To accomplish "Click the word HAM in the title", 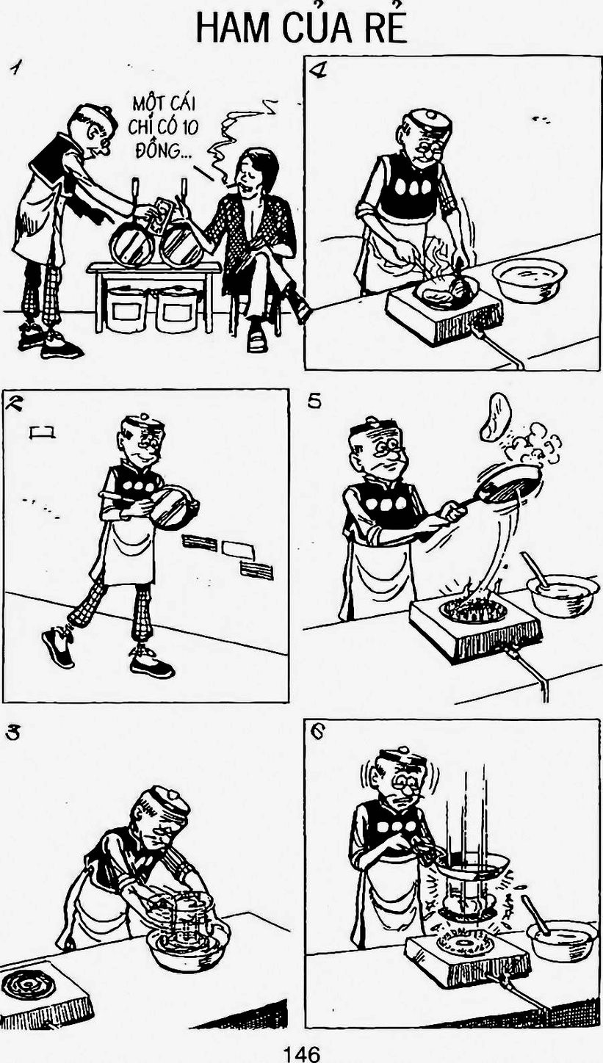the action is point(233,29).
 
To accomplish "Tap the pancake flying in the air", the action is point(495,416).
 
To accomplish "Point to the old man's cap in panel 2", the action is point(145,424).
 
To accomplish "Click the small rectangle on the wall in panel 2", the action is point(43,432).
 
